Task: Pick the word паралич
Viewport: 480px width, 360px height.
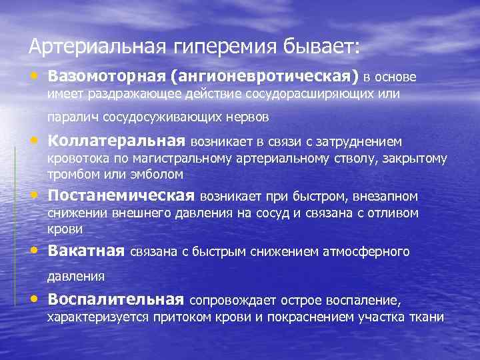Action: pyautogui.click(x=67, y=118)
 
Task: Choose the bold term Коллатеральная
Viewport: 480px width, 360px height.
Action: pyautogui.click(x=116, y=141)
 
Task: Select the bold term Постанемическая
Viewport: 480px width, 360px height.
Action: pyautogui.click(x=121, y=196)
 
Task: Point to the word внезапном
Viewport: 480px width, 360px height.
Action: pyautogui.click(x=389, y=197)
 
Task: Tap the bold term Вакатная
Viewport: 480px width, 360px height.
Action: pyautogui.click(x=86, y=251)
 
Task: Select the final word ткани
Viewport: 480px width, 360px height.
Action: pyautogui.click(x=427, y=317)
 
